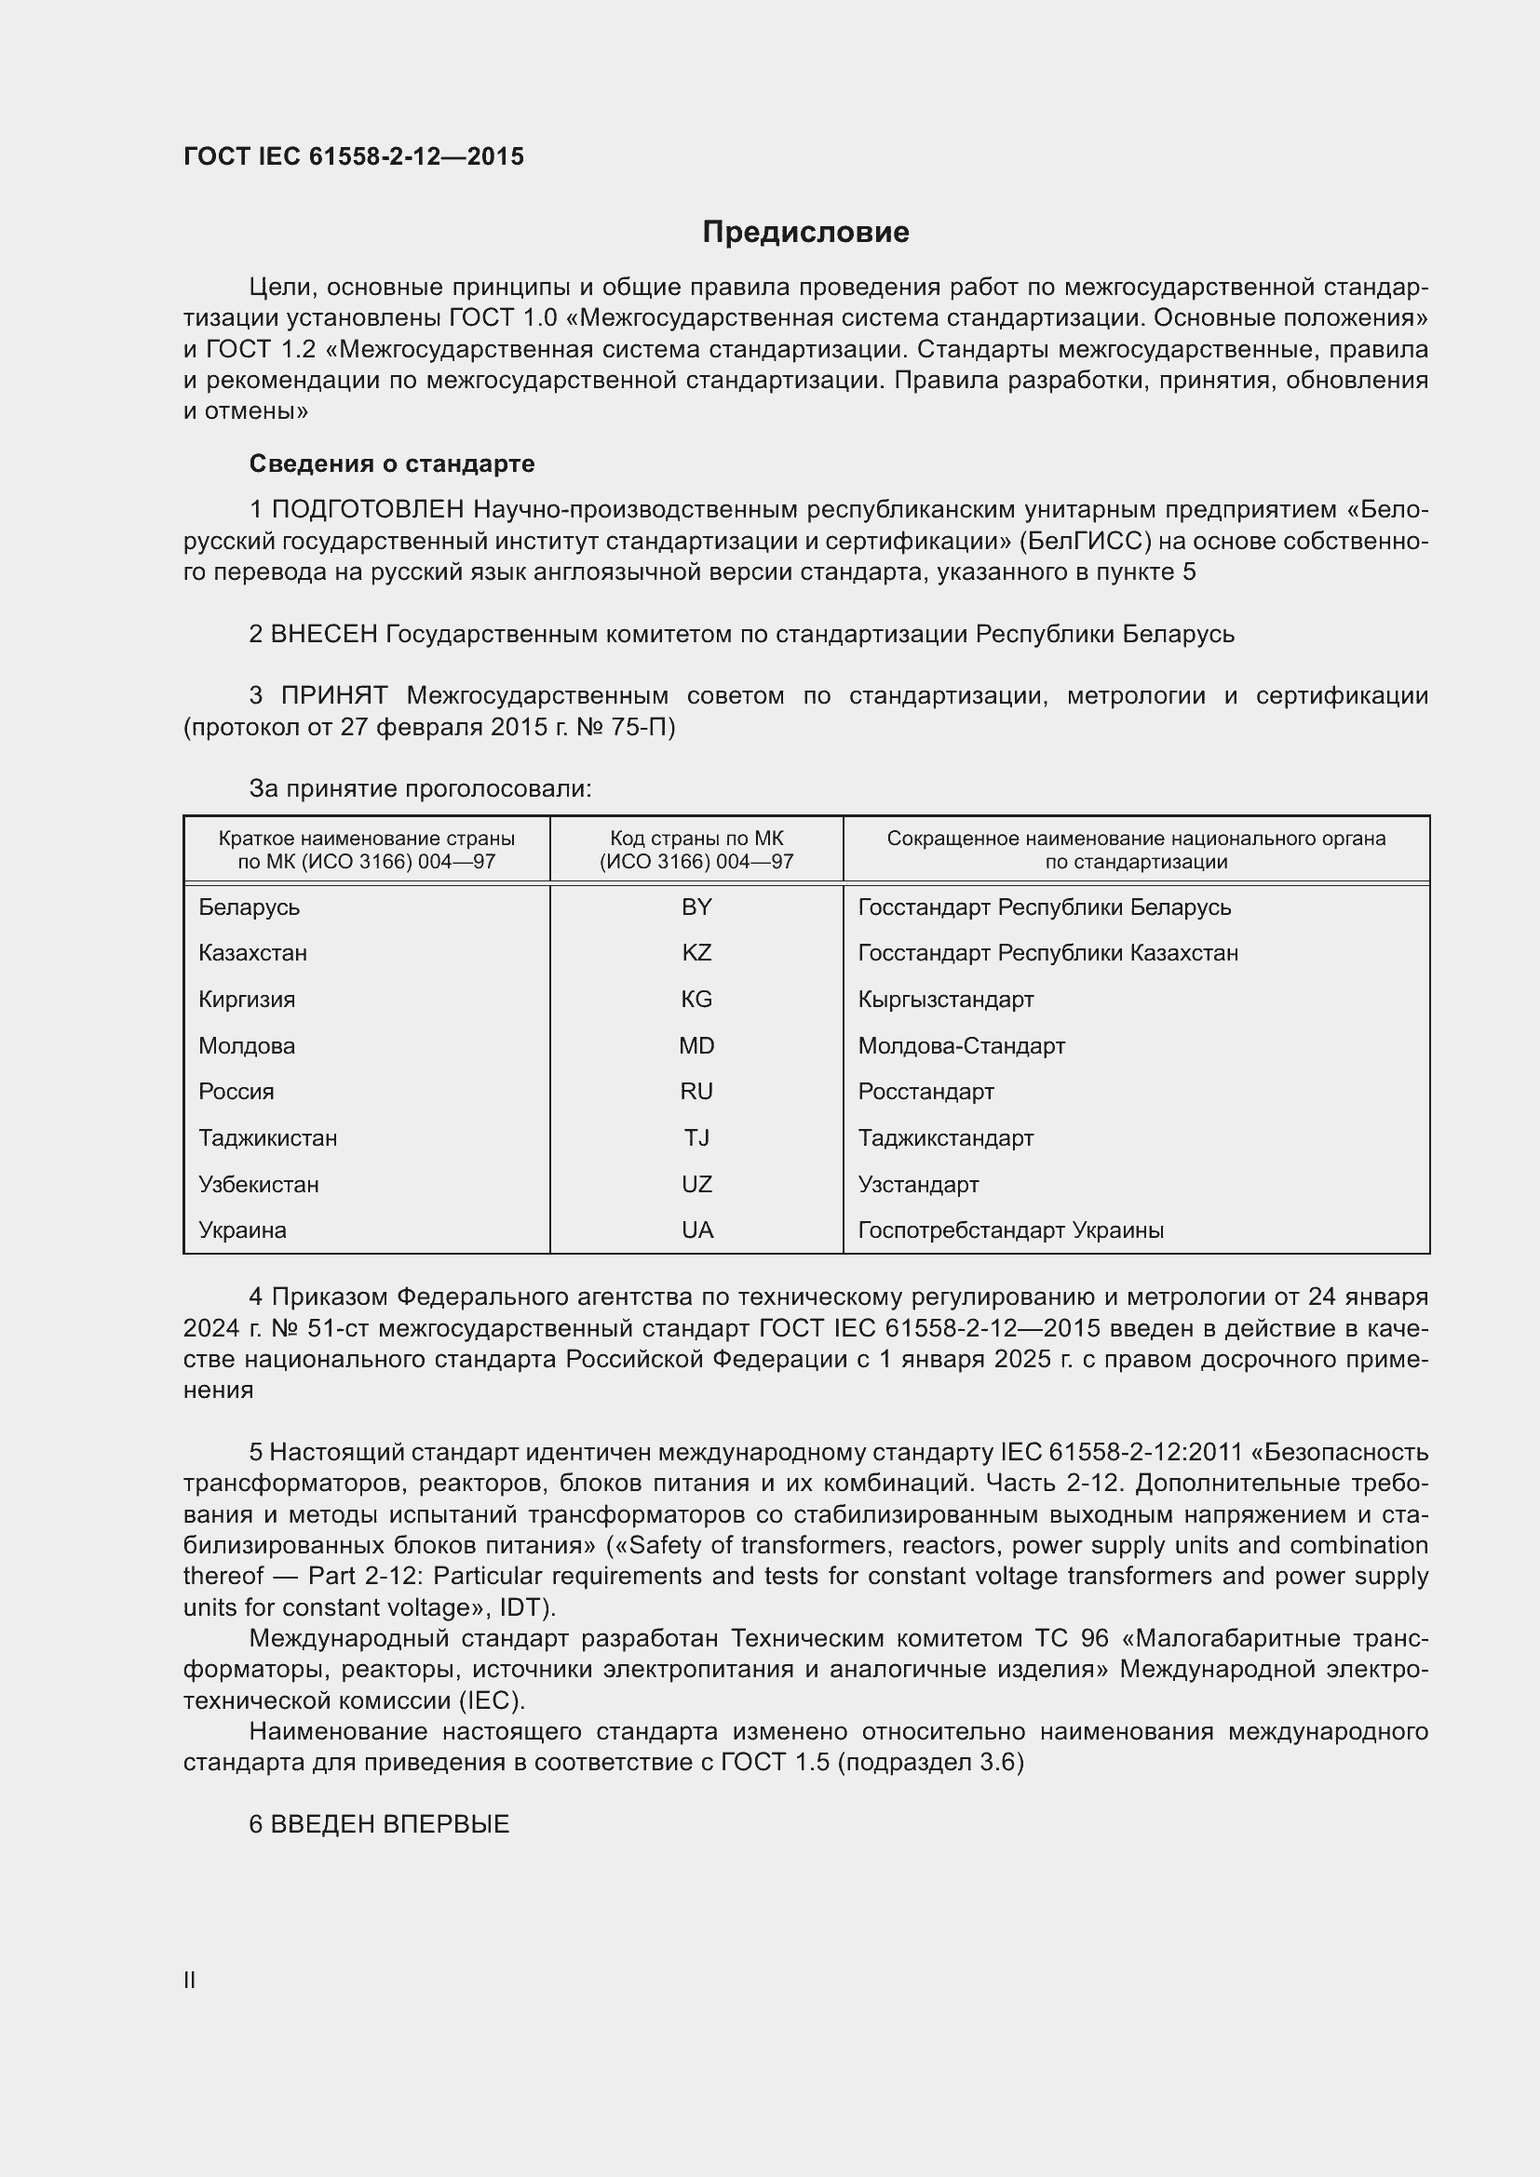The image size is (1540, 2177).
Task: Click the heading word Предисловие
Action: pos(805,233)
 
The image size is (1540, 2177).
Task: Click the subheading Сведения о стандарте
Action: pos(392,464)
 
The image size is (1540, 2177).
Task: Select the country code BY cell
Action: pos(696,907)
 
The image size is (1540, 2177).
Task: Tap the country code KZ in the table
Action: pos(696,953)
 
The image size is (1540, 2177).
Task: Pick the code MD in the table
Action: pos(696,1046)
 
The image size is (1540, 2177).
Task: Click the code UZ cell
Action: pos(696,1184)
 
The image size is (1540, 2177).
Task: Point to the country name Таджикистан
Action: pos(267,1137)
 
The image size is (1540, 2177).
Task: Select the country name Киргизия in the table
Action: pos(247,1000)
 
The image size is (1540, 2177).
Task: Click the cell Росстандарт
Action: pos(925,1092)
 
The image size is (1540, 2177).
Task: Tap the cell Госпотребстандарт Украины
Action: pos(1010,1230)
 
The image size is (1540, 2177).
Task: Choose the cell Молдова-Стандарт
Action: pos(962,1046)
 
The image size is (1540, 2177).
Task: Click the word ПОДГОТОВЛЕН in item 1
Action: pos(368,510)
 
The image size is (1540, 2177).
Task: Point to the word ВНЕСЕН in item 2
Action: pos(324,634)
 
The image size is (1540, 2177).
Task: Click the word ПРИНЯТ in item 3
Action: pos(334,696)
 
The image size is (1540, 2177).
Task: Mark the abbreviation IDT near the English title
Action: pos(520,1607)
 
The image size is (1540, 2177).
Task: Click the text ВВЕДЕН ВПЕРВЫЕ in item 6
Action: pos(390,1824)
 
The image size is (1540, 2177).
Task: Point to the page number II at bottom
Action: pos(189,1980)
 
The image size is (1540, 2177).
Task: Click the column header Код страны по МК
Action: pos(696,839)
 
